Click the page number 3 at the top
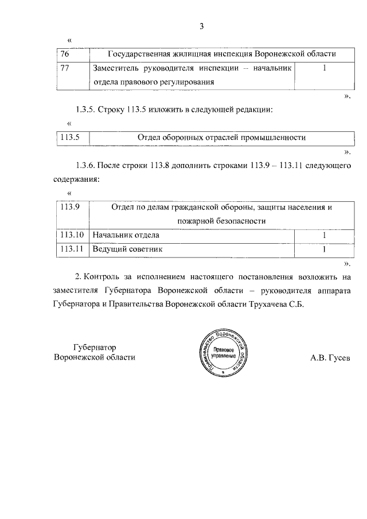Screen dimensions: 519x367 [202, 26]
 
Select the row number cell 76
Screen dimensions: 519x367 [65, 54]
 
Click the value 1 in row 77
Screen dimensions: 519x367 [325, 68]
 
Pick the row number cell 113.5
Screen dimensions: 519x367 [69, 137]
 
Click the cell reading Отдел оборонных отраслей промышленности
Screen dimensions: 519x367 [221, 137]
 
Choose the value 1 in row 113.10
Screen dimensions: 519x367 [325, 235]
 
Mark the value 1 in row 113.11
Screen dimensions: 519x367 [325, 249]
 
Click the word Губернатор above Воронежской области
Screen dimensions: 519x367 [95, 348]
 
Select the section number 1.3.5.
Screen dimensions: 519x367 [85, 109]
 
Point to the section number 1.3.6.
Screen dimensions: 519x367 [85, 165]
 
